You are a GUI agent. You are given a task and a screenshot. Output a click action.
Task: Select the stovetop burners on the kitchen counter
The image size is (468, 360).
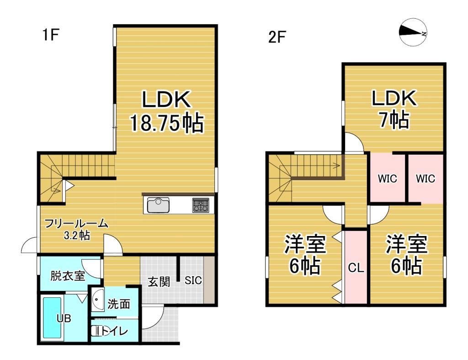point(200,204)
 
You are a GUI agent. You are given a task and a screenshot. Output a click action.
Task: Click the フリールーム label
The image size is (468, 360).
point(76,224)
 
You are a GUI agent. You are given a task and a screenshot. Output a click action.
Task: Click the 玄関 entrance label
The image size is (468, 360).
point(159,281)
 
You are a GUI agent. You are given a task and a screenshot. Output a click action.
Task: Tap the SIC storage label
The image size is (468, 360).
point(193,280)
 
